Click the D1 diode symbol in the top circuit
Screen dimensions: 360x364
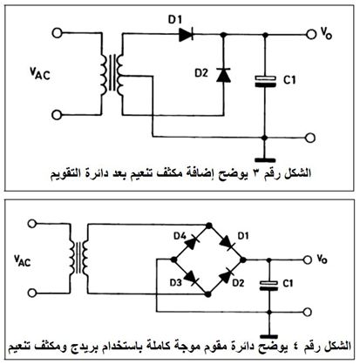point(186,35)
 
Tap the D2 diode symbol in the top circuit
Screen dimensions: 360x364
point(223,75)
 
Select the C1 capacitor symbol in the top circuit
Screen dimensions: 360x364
point(265,81)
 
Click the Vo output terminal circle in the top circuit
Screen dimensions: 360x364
point(311,34)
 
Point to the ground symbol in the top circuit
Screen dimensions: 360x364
point(265,160)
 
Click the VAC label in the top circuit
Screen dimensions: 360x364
point(40,73)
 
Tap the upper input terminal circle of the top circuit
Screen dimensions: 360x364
point(58,33)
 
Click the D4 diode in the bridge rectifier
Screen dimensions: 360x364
point(192,243)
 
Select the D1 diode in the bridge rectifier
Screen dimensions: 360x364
point(227,243)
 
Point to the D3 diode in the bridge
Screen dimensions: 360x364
point(192,278)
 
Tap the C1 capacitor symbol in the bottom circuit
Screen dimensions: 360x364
point(269,286)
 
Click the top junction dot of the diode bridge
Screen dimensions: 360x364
point(208,226)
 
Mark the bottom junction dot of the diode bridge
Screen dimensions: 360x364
point(207,294)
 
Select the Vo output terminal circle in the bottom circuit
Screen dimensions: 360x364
point(308,260)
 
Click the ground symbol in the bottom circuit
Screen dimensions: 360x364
point(269,337)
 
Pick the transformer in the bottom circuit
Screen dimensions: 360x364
point(79,257)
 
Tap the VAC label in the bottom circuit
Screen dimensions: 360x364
point(23,260)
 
